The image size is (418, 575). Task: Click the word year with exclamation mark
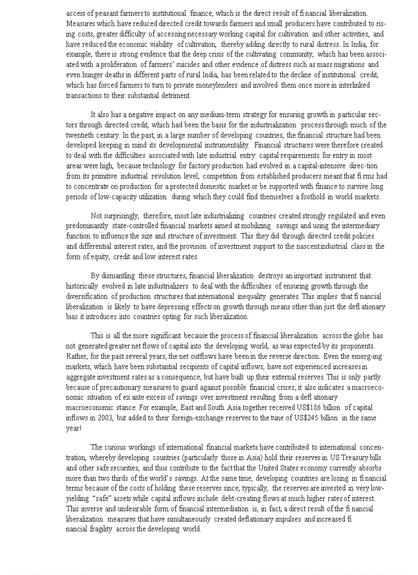pyautogui.click(x=74, y=428)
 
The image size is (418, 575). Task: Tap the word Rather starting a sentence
pyautogui.click(x=76, y=356)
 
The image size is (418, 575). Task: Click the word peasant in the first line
pyautogui.click(x=107, y=13)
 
